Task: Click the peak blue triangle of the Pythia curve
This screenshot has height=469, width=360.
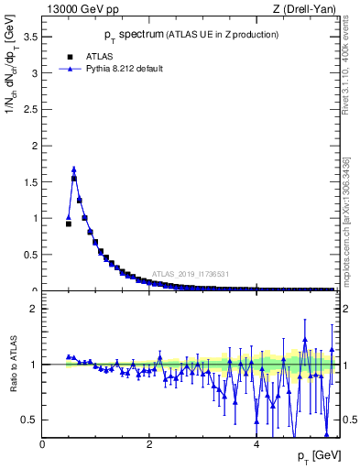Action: (x=73, y=169)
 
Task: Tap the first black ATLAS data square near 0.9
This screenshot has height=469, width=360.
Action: (x=69, y=224)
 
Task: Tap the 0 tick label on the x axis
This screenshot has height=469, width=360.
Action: (x=43, y=444)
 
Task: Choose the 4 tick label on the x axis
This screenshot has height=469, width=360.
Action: (x=256, y=444)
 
